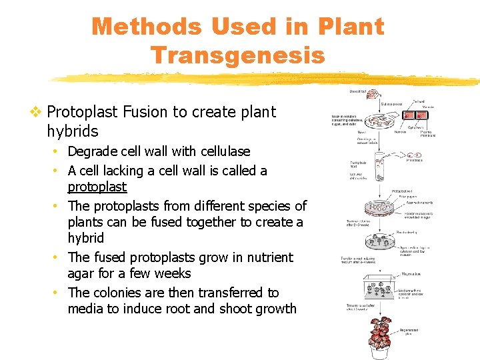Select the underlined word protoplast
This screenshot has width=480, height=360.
(x=97, y=187)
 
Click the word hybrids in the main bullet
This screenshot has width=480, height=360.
(x=73, y=131)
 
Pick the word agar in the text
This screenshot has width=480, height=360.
(x=81, y=273)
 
